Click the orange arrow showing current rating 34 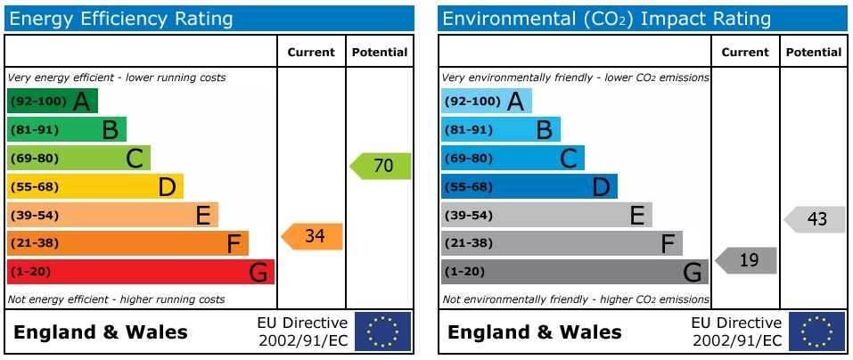tap(313, 236)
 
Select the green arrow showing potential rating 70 tap(381, 166)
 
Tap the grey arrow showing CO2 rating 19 tap(747, 260)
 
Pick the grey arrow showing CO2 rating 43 tap(816, 219)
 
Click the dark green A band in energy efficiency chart tap(52, 101)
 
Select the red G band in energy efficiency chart tap(140, 272)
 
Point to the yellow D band tap(94, 186)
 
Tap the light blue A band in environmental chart tap(486, 101)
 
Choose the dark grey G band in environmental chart tap(574, 272)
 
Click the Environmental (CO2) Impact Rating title tap(606, 19)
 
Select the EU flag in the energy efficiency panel tap(382, 331)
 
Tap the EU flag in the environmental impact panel tap(816, 331)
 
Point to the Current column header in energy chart tap(311, 53)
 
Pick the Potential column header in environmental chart tap(814, 53)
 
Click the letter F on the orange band tap(234, 243)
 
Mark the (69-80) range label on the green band tap(34, 158)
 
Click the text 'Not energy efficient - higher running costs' tap(116, 299)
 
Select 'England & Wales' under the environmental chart tap(535, 332)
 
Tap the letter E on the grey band tap(637, 215)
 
